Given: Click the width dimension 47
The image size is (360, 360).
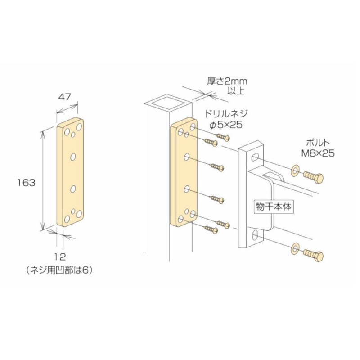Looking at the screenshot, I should pos(67,97).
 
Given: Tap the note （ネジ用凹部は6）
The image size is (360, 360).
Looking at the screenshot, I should pos(62,269).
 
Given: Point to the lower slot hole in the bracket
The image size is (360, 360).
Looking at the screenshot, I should pos(254,235).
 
